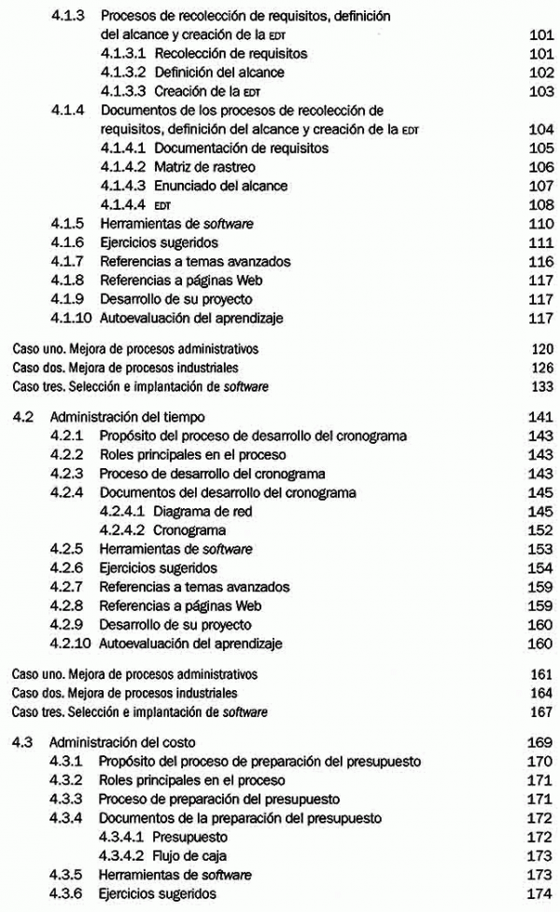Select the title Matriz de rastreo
[206, 167]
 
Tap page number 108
[539, 205]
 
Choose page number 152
[539, 530]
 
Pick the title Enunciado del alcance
[221, 187]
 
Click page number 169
[539, 742]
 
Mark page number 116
[539, 262]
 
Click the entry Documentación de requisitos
[242, 148]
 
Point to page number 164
[539, 693]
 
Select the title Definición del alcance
[220, 73]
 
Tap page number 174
[539, 894]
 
